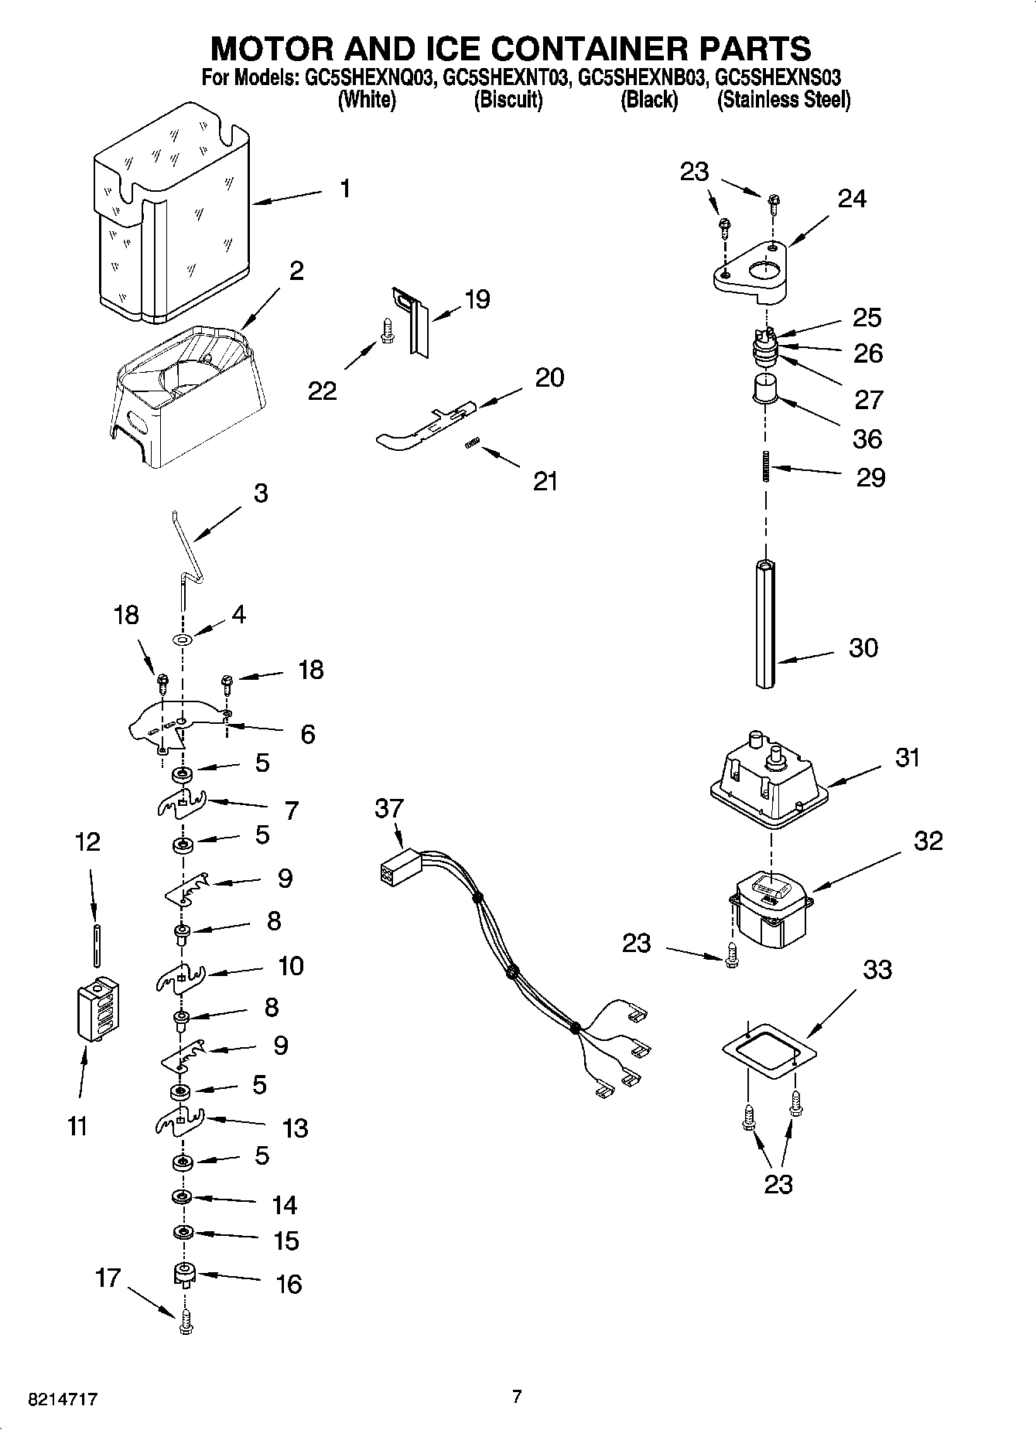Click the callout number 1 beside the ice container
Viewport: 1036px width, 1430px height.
pos(345,188)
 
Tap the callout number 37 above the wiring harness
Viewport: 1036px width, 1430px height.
pos(389,808)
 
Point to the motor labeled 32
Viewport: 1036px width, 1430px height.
pos(770,910)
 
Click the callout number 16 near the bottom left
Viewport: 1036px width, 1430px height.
pos(289,1285)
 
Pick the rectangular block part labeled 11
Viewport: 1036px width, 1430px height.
pos(97,1009)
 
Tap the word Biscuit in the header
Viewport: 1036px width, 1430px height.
pos(508,100)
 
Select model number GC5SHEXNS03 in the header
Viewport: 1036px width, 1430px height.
pos(778,77)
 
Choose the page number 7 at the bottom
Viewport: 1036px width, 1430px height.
pos(517,1396)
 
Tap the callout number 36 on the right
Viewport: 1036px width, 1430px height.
pos(867,439)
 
